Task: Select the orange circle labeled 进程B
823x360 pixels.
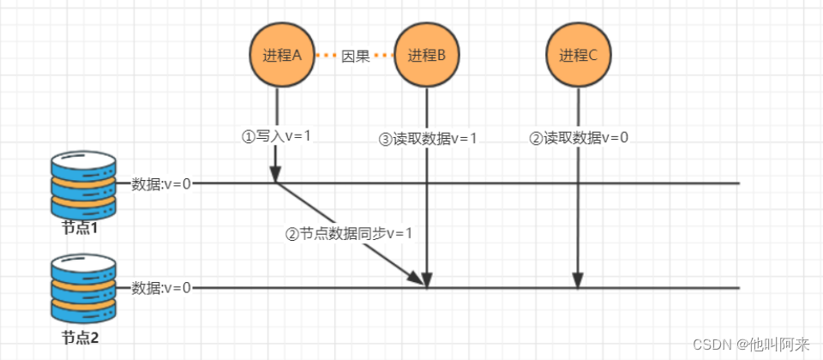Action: tap(426, 56)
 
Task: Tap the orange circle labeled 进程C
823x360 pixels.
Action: tap(578, 56)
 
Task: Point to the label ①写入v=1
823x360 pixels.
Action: tap(277, 136)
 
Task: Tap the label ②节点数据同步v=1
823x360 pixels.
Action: tap(350, 233)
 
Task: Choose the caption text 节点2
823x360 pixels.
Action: tap(81, 337)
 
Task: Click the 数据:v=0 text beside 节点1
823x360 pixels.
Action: tap(161, 183)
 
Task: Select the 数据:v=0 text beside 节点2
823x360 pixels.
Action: tap(161, 288)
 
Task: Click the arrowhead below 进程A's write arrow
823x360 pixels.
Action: tap(276, 173)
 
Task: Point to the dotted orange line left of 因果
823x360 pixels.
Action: tap(325, 57)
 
